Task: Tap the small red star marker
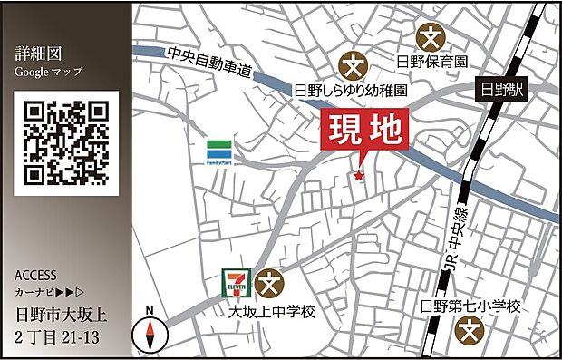coord(359,175)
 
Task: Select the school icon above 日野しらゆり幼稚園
coord(352,65)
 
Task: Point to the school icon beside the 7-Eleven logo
coord(268,284)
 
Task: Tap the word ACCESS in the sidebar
coord(36,275)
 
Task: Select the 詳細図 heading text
coord(36,52)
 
